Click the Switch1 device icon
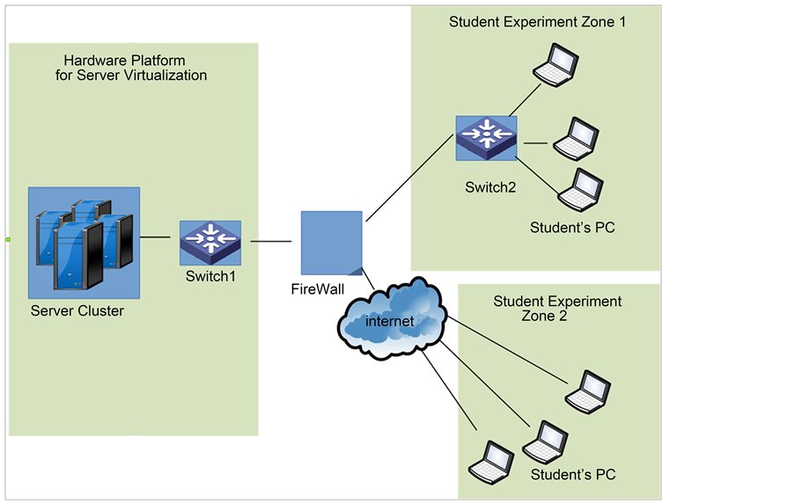pos(210,243)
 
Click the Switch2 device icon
pos(486,137)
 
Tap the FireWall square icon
pos(331,242)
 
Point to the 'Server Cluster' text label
pos(77,311)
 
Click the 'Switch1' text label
pos(210,276)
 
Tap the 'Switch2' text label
pos(490,187)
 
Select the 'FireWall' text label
pos(318,288)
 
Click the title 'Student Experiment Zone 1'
pos(537,22)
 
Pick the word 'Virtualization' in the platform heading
pos(164,76)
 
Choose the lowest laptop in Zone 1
pos(580,188)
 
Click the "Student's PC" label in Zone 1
pos(572,229)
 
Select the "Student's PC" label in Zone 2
pos(573,475)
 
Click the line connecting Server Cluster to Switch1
pos(155,237)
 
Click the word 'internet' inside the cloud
pos(390,322)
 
